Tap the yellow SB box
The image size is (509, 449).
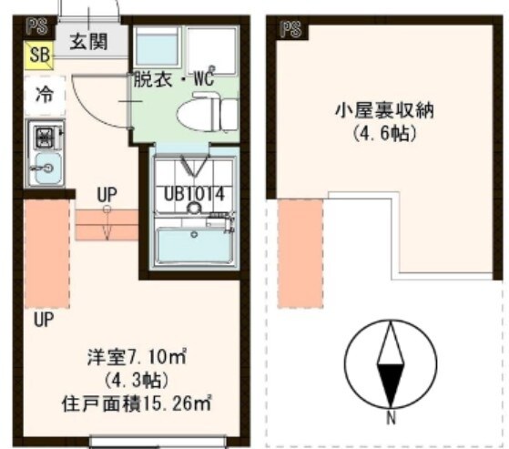point(38,55)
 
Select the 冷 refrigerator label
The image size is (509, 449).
point(44,93)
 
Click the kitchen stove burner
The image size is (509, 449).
point(43,138)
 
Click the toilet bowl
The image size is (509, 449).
point(201,114)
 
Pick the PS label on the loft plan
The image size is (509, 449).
point(290,29)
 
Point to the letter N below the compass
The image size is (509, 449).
point(390,419)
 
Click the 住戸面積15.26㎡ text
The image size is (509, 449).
point(145,402)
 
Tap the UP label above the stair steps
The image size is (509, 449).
point(107,194)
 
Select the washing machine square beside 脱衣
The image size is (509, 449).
point(157,45)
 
